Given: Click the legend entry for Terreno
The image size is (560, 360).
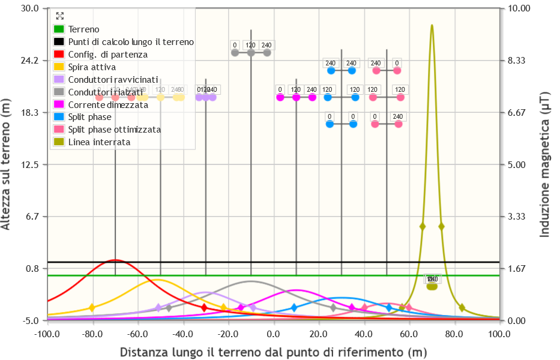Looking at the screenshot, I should pyautogui.click(x=84, y=29).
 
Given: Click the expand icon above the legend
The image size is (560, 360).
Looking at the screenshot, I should pyautogui.click(x=59, y=16).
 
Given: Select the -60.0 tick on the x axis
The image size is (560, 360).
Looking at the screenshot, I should pyautogui.click(x=138, y=333).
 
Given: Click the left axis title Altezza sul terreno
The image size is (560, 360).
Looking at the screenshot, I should pyautogui.click(x=7, y=164).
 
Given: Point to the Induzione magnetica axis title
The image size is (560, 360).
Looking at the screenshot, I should pyautogui.click(x=545, y=164).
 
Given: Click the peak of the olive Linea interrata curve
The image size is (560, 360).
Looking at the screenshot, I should pyautogui.click(x=432, y=25).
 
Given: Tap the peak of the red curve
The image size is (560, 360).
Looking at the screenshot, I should pyautogui.click(x=115, y=260).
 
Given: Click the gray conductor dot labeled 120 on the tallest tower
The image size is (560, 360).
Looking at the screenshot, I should pyautogui.click(x=251, y=53).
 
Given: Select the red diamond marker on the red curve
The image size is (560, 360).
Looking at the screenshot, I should pyautogui.click(x=204, y=308).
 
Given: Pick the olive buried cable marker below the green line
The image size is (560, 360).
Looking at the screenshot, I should pyautogui.click(x=432, y=286).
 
